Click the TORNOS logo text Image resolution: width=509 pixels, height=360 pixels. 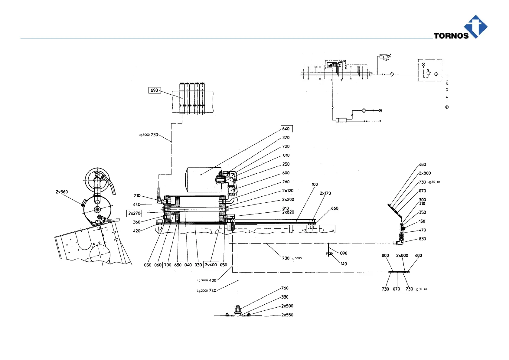(x=451, y=36)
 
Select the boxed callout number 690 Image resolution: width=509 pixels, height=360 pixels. (x=154, y=90)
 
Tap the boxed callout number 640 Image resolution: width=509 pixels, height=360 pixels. (x=286, y=129)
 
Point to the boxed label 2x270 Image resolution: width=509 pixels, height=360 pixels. (x=134, y=213)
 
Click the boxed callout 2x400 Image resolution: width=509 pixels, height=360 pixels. (x=211, y=265)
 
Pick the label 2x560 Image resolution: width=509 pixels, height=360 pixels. (x=62, y=192)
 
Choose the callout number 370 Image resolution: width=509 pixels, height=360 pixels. (x=286, y=138)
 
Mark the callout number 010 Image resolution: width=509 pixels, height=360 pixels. (x=286, y=155)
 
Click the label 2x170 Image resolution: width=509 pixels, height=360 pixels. (x=325, y=193)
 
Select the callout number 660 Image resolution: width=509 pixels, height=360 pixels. (x=334, y=208)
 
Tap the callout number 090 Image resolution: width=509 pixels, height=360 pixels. (x=344, y=253)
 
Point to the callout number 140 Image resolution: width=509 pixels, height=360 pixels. (x=344, y=264)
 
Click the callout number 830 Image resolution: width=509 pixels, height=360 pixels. (x=422, y=239)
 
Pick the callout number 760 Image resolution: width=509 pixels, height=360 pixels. (x=285, y=288)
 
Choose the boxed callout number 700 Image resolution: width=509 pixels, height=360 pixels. (x=168, y=265)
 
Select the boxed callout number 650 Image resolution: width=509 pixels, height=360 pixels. (x=178, y=265)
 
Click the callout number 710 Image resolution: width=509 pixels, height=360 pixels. (x=137, y=196)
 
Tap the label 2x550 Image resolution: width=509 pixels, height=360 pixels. (x=287, y=315)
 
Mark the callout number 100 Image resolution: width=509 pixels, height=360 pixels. (x=315, y=184)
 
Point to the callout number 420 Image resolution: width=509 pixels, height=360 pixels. (x=137, y=231)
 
